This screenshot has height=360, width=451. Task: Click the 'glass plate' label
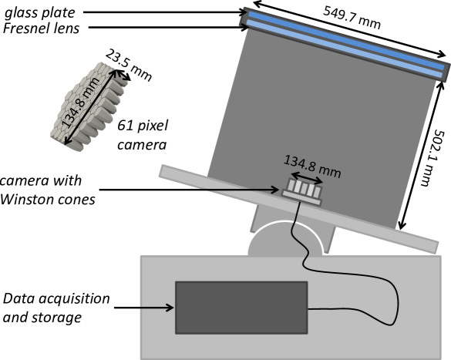coord(40,13)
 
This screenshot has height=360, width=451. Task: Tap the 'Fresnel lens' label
coord(41,29)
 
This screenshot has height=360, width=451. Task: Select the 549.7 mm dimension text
coord(352,18)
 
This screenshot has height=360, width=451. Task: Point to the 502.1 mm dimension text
coord(431,158)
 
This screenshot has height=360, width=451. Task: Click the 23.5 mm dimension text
coord(128,65)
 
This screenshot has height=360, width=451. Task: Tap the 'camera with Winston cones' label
coord(48,190)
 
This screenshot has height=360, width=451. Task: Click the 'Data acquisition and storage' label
coord(56,308)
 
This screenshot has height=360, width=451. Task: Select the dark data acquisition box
coord(241,308)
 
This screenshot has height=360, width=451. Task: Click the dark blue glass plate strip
coord(346,40)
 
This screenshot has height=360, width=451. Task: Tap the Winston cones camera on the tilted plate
coord(301,192)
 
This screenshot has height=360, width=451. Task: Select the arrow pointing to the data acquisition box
coord(144,308)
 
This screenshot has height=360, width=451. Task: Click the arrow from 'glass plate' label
coord(165,12)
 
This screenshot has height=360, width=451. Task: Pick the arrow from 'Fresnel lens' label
coord(169,28)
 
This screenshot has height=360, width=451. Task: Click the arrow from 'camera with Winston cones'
coord(189,190)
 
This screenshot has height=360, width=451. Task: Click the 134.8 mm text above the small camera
coord(312,167)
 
